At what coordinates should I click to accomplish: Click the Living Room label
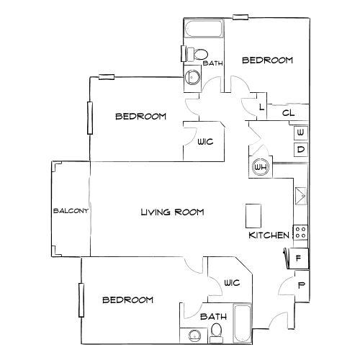click(x=172, y=212)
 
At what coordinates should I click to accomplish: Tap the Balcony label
click(x=70, y=211)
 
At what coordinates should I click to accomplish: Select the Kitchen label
click(x=269, y=235)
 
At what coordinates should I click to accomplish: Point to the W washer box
click(x=300, y=133)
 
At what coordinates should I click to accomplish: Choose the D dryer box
click(x=300, y=150)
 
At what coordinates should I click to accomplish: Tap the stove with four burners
click(x=301, y=233)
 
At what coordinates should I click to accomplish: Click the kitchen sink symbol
click(x=300, y=195)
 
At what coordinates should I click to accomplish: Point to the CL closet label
click(x=287, y=112)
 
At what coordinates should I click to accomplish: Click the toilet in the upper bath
click(x=199, y=55)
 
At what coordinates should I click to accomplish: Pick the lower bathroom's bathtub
click(x=242, y=323)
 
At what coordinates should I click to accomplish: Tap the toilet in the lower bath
click(x=217, y=330)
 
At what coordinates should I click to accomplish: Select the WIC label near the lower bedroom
click(x=231, y=282)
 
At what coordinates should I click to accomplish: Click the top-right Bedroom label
click(x=267, y=61)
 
